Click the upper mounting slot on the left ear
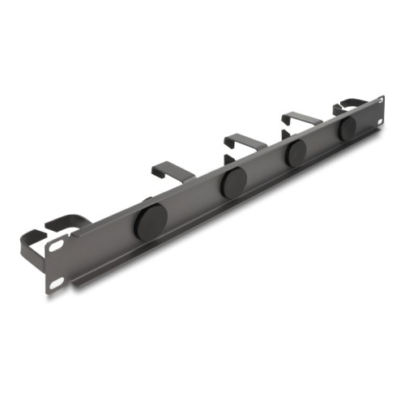(x=58, y=239)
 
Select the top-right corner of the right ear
(x=382, y=97)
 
